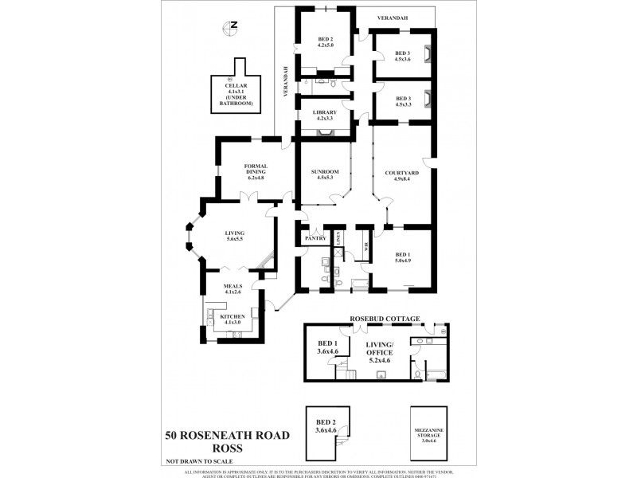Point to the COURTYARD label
tap(402, 175)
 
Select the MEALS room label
tap(233, 288)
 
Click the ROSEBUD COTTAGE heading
tap(385, 317)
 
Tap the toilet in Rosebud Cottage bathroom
tap(416, 371)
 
